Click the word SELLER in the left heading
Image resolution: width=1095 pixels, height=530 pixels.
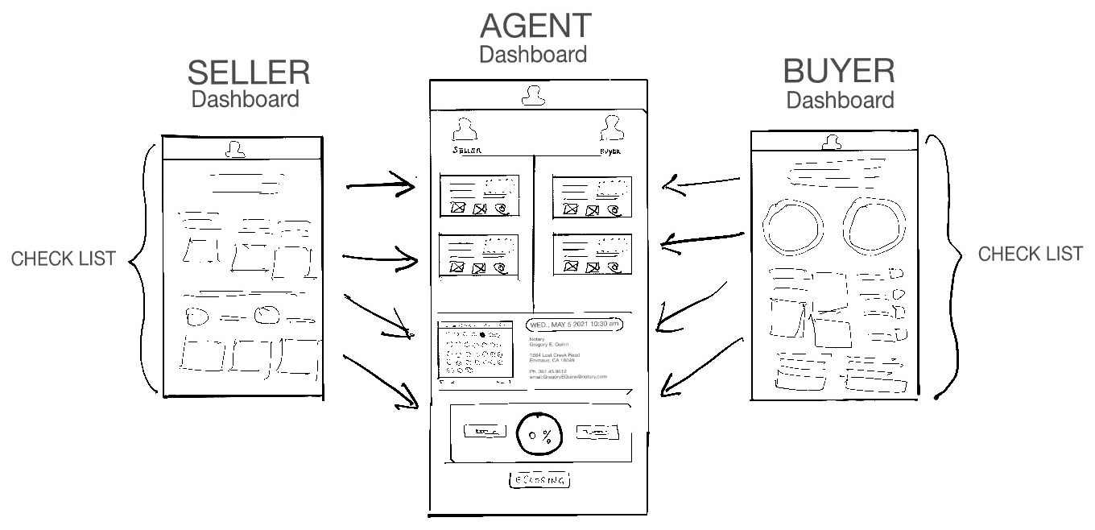(248, 73)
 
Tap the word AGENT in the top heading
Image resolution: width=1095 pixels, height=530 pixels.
(535, 26)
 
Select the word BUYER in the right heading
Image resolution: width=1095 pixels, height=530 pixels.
(838, 72)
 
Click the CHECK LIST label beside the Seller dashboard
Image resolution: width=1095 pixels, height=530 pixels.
(64, 259)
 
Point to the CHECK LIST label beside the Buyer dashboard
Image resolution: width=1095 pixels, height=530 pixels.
(1030, 255)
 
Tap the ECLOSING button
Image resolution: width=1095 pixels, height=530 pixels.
(539, 480)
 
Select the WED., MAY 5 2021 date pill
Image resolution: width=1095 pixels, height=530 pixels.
(574, 325)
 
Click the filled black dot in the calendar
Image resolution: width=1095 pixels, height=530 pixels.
(482, 334)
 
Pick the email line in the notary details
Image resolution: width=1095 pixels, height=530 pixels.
(568, 376)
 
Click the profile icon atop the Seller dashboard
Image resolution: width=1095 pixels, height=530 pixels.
(235, 149)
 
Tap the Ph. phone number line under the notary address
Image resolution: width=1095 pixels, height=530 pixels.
(554, 371)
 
